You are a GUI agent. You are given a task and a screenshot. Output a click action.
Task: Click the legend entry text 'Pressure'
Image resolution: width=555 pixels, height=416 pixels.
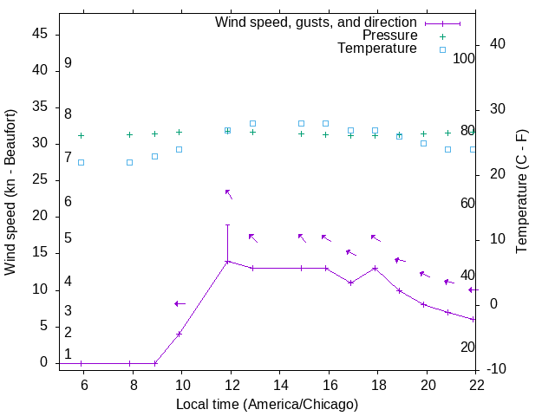[389, 36]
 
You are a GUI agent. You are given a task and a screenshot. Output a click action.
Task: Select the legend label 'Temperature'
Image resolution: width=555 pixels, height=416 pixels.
[377, 49]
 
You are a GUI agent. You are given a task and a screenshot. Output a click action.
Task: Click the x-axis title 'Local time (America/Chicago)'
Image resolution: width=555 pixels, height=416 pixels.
[267, 404]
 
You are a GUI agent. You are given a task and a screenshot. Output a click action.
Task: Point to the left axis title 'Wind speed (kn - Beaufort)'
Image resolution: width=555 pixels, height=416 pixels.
[10, 192]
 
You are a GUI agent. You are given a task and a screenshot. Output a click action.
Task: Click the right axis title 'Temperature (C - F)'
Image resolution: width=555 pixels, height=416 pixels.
[521, 192]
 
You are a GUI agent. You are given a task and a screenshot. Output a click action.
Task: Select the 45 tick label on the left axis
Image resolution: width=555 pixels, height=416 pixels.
[41, 35]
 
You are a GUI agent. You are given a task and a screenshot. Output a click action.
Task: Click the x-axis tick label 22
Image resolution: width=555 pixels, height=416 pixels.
[476, 382]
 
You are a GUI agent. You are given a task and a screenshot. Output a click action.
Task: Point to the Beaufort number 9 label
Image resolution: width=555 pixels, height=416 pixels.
[68, 63]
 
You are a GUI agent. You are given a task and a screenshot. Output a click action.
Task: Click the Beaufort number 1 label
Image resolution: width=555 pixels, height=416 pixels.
[68, 354]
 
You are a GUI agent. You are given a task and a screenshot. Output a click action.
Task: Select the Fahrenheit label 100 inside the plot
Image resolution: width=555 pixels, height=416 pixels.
[465, 58]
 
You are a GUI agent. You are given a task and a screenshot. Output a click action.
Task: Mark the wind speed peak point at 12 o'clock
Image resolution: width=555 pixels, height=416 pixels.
[228, 261]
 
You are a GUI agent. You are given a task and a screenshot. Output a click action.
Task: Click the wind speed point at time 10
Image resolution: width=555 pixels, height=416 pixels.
[180, 334]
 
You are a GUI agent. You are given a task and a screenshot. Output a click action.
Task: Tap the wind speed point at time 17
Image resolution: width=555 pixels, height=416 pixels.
[350, 283]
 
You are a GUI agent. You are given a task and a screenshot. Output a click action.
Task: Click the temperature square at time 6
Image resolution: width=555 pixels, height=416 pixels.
[82, 162]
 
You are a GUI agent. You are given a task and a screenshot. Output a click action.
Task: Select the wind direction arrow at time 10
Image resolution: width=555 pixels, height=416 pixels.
[180, 303]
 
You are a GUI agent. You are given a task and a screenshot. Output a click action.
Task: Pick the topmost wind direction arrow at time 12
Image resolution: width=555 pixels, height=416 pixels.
[229, 194]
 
